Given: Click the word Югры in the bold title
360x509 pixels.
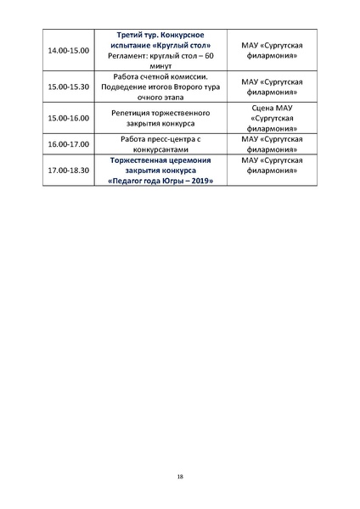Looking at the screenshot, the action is click(x=166, y=180).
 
